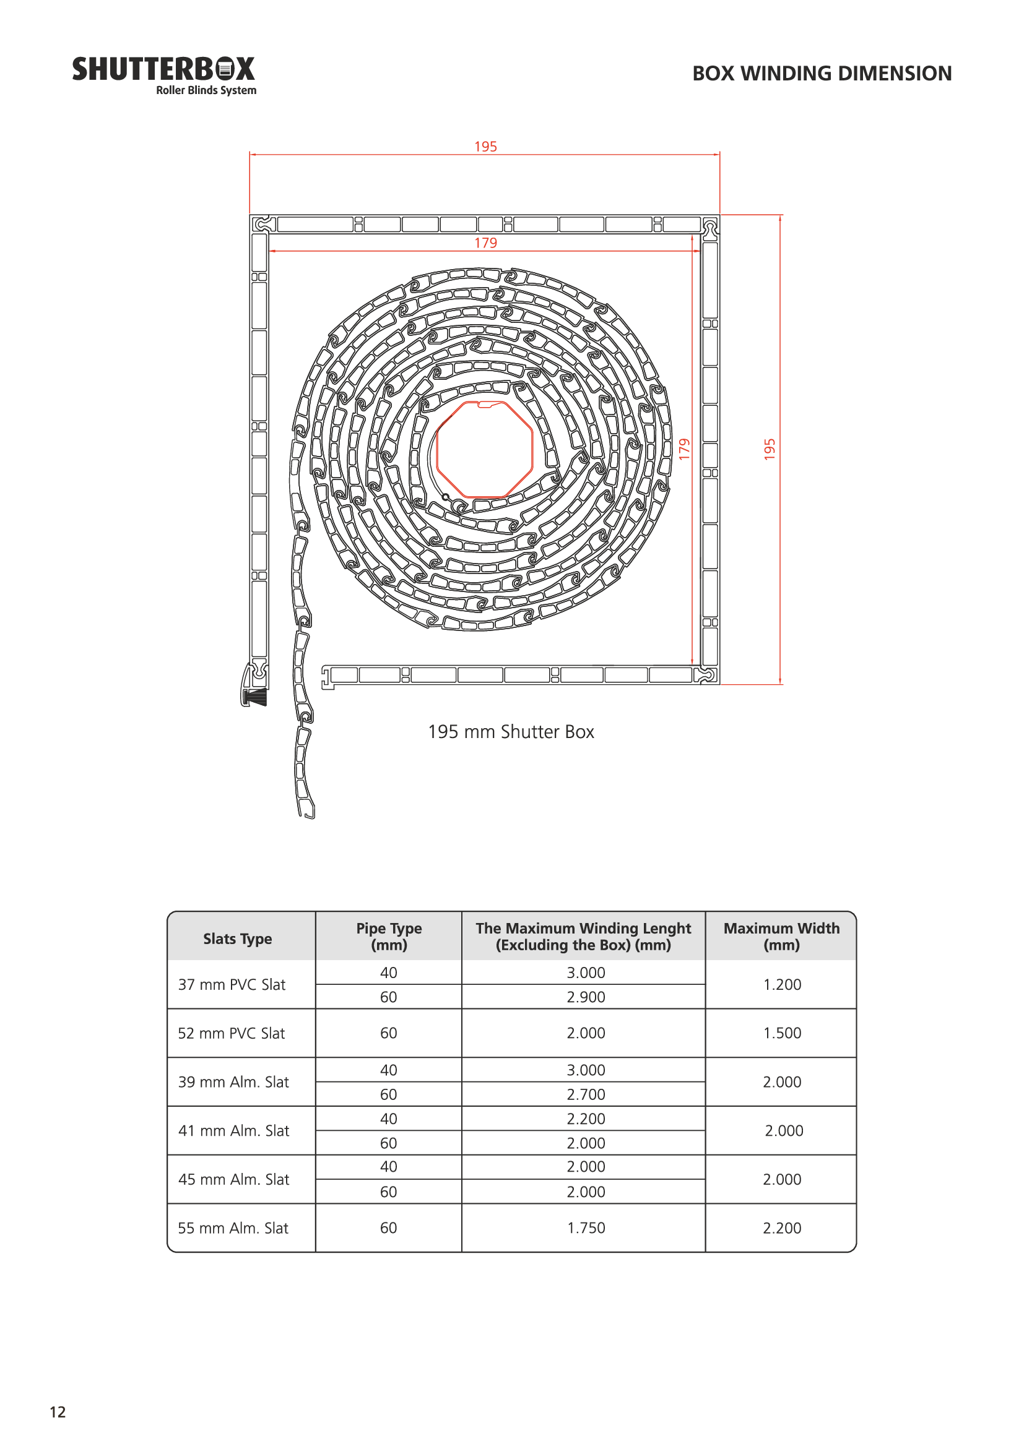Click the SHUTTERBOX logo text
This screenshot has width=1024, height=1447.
[x=163, y=69]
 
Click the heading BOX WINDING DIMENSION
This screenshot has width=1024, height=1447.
[x=822, y=74]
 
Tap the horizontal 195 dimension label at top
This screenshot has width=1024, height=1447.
[x=485, y=147]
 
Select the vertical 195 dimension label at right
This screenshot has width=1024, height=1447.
[x=770, y=449]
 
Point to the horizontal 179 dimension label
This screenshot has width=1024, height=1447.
[x=485, y=243]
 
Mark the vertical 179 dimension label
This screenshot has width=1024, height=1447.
[x=685, y=449]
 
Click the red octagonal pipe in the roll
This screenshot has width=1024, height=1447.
[x=484, y=449]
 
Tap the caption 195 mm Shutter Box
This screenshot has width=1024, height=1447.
[x=511, y=732]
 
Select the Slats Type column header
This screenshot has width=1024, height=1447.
[x=238, y=938]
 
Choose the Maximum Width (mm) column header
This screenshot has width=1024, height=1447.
[x=781, y=937]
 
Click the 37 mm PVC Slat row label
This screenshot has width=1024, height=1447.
[x=232, y=984]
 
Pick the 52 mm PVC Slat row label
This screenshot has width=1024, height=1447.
[x=232, y=1033]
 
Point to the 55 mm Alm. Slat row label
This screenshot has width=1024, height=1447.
[x=233, y=1227]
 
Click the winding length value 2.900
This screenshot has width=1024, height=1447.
[x=585, y=997]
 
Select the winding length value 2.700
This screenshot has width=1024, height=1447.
[x=585, y=1095]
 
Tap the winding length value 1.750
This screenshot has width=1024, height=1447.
[x=585, y=1227]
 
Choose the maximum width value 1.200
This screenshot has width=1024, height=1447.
[x=782, y=984]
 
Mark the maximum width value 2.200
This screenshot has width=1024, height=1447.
[x=782, y=1227]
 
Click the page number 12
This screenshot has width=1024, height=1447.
[x=58, y=1412]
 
